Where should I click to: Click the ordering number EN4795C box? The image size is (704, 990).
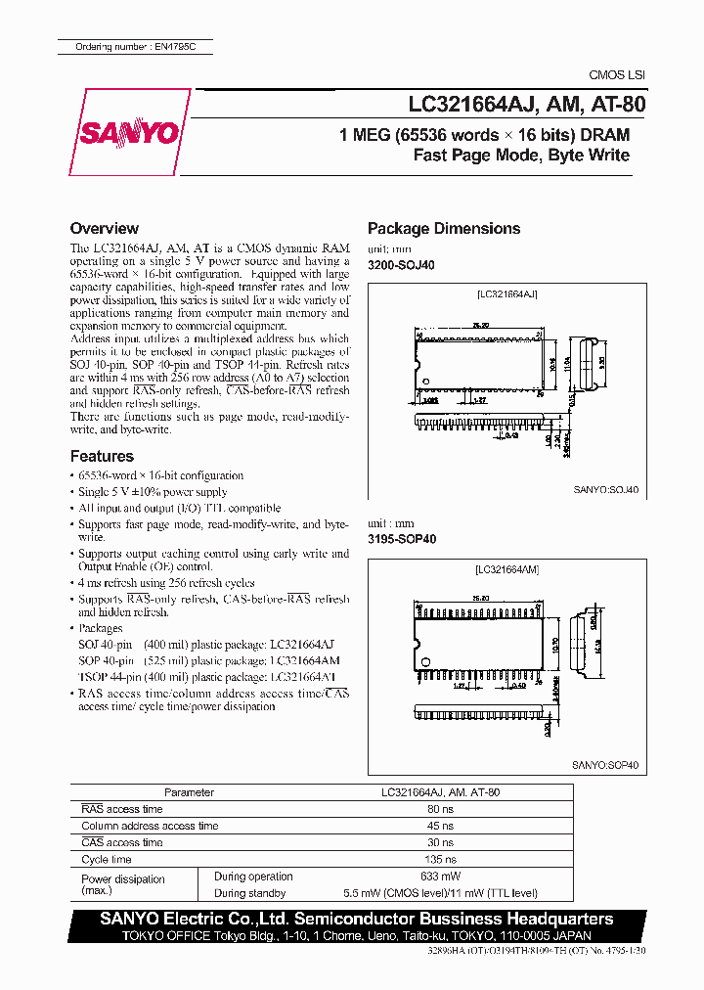point(132,47)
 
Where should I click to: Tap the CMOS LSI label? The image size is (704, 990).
point(616,75)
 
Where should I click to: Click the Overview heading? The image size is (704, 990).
point(105,228)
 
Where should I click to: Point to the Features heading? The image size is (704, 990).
point(102,456)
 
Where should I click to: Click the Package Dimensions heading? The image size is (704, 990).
point(443,228)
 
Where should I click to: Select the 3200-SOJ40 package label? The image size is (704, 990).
point(401,265)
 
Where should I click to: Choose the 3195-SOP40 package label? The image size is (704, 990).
point(401,538)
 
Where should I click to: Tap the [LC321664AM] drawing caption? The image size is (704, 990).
point(507,568)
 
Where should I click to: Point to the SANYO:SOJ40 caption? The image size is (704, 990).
point(605,491)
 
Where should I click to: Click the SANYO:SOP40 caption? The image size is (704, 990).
point(605,766)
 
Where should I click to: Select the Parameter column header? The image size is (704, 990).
point(189,792)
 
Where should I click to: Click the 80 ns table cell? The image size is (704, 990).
point(440,809)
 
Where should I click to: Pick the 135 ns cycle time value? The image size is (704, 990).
point(440,859)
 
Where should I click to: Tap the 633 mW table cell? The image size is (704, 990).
point(440,877)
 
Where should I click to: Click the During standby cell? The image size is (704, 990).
point(249,893)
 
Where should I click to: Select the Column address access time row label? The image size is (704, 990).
point(150,826)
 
